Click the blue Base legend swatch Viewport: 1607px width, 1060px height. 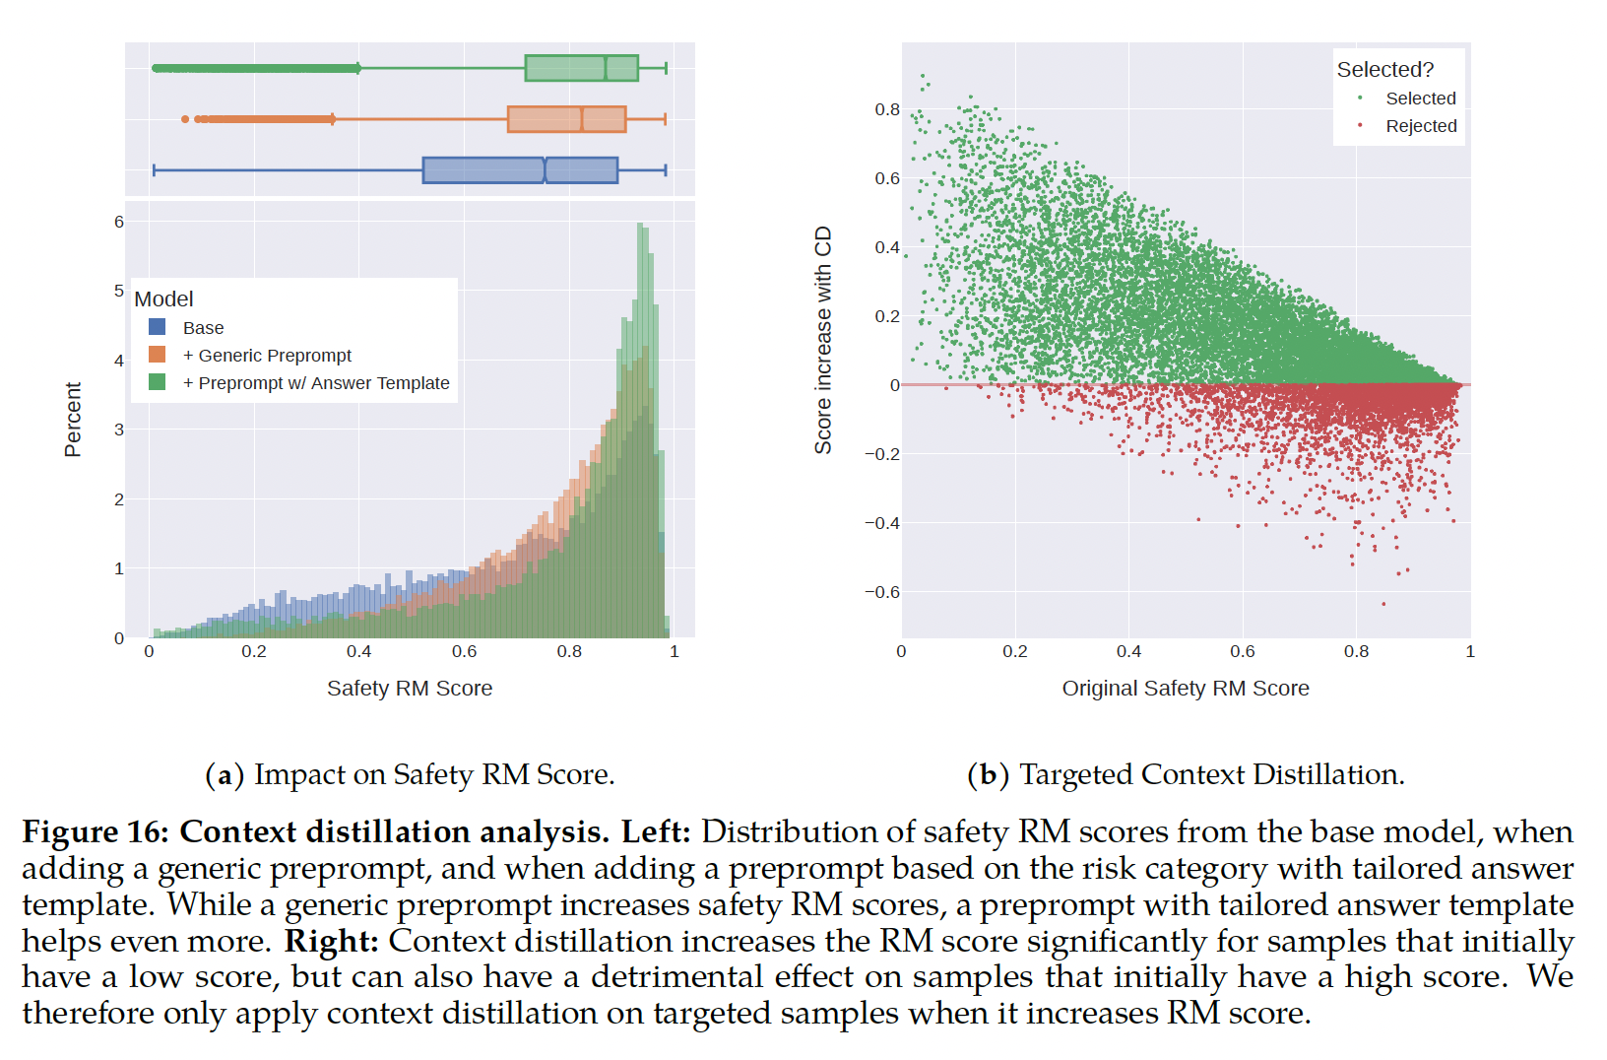click(157, 327)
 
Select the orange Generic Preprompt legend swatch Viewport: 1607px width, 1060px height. click(157, 355)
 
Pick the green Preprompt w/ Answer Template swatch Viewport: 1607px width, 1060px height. click(157, 382)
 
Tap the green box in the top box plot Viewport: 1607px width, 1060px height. click(581, 68)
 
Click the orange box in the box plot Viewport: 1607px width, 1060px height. click(566, 119)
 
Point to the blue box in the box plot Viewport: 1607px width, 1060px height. click(520, 170)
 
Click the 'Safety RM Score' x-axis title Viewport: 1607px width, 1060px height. click(410, 689)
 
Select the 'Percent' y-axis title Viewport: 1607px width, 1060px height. click(73, 420)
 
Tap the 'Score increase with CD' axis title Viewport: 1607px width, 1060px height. click(823, 340)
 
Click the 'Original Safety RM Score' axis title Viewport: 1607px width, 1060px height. click(1186, 689)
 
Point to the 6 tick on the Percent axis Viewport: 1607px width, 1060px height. click(119, 222)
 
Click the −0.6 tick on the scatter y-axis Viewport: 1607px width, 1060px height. click(882, 592)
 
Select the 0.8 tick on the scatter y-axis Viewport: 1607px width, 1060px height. click(887, 109)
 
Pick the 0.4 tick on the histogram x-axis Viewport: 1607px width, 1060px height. click(358, 651)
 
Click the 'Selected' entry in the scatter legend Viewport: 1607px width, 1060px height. click(1420, 99)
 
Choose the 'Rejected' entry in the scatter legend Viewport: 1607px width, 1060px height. click(1421, 126)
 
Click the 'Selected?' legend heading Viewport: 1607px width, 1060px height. click(1384, 70)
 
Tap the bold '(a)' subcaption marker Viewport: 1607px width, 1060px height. click(225, 775)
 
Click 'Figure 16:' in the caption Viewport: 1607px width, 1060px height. click(96, 832)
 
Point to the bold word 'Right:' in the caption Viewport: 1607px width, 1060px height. click(332, 942)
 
